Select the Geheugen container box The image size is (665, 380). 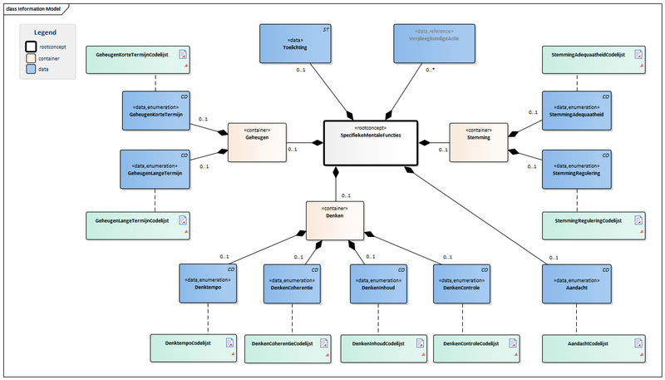[x=257, y=141]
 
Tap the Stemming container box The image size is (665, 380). [x=478, y=141]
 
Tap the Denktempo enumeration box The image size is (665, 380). [x=209, y=284]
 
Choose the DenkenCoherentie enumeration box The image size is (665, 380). [x=292, y=284]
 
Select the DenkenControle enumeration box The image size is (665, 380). [x=461, y=284]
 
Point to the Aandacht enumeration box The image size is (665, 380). [x=577, y=284]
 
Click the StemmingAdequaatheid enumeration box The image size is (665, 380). [x=577, y=111]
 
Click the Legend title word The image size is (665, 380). [x=45, y=32]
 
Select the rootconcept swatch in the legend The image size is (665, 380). [x=31, y=47]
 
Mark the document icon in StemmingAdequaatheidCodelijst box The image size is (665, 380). [x=638, y=54]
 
